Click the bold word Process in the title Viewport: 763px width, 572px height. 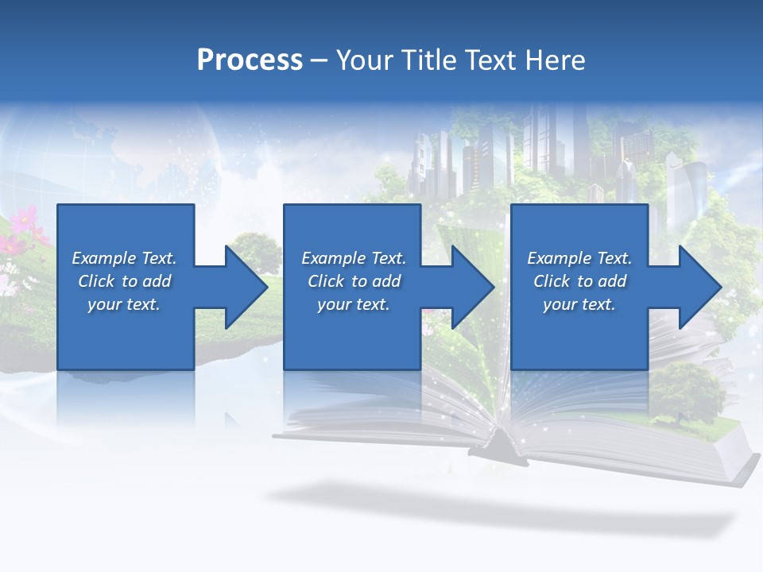pyautogui.click(x=250, y=60)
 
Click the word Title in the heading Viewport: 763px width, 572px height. pyautogui.click(x=426, y=60)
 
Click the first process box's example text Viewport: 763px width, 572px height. pyautogui.click(x=124, y=281)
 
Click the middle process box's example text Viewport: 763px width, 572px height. pyautogui.click(x=353, y=281)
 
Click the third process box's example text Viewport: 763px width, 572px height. pyautogui.click(x=579, y=281)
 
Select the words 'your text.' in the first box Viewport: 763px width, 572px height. pyautogui.click(x=124, y=304)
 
